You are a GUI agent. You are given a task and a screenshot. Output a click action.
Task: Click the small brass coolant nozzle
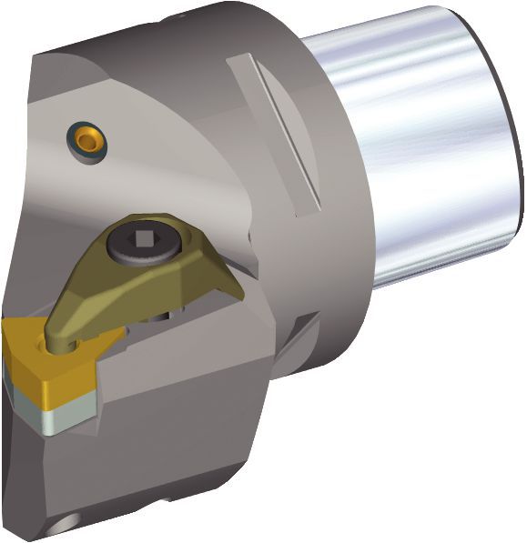pyautogui.click(x=88, y=138)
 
